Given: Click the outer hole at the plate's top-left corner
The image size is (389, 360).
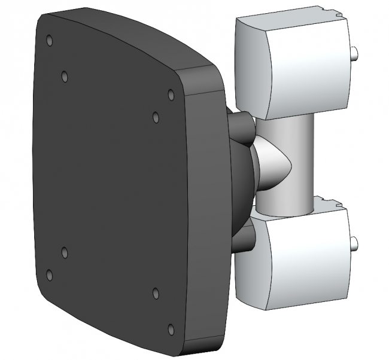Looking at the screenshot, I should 49,41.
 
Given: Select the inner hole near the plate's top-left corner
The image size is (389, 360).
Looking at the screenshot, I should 65,77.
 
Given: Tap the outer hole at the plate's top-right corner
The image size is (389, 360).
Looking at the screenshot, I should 171,94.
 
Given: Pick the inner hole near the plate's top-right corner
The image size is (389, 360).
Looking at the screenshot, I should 156,117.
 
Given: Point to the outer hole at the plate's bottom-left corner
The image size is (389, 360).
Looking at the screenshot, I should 49,274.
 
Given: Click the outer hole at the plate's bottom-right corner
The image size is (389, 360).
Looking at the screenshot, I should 171,328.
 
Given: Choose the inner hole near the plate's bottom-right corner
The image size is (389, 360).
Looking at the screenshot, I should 156,292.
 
